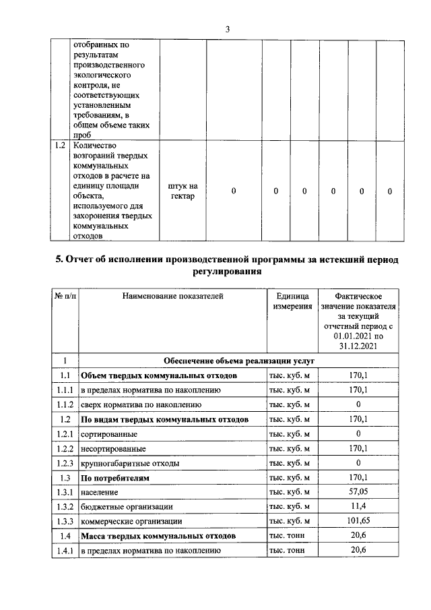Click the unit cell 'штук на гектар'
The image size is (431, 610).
[182, 191]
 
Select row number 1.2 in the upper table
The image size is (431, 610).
[60, 145]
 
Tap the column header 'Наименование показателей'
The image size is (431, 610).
[172, 295]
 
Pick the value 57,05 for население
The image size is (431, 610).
[358, 492]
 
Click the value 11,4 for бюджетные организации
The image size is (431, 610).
[358, 506]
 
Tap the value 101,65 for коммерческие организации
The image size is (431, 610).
[358, 521]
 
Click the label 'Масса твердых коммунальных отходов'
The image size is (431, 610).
[158, 536]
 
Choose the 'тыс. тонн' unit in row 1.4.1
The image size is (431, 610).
[287, 551]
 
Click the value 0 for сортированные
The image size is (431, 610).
[358, 433]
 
